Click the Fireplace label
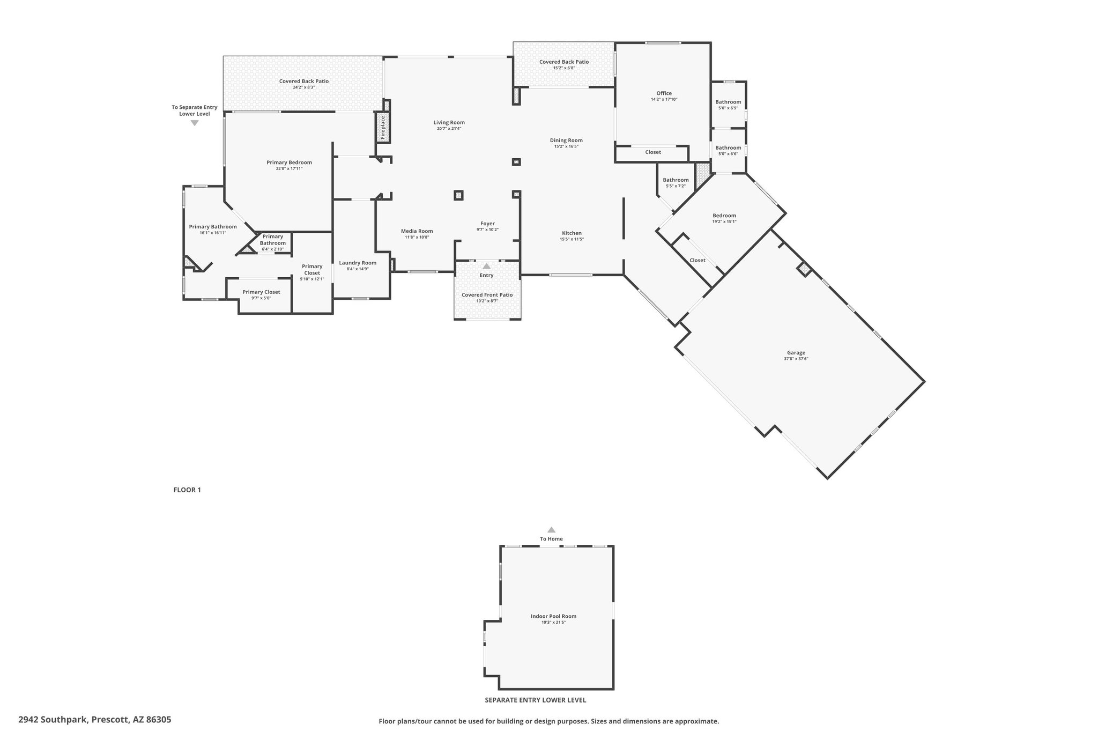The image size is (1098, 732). pos(383,128)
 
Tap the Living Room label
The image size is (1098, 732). pos(449,123)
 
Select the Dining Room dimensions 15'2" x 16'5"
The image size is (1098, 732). pos(566,146)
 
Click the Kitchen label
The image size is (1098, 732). pos(572,233)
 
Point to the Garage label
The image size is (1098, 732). pos(796,353)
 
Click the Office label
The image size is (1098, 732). pos(664,93)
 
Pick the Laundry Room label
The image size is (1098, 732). pos(358,263)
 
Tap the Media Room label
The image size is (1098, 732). pos(417,231)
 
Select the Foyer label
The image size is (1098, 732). pos(487,224)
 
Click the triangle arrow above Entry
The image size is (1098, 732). pos(486,266)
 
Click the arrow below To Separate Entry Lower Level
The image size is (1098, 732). pos(195,123)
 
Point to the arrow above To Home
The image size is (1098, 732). pos(551,529)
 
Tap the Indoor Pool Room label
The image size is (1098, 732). pos(553,616)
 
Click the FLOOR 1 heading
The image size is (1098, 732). pos(187,490)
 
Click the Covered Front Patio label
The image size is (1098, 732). pos(487,295)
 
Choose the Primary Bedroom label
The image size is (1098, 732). pos(289,162)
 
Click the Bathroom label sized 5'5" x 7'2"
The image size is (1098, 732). pos(676,180)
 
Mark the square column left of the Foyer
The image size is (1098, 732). pos(458,195)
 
